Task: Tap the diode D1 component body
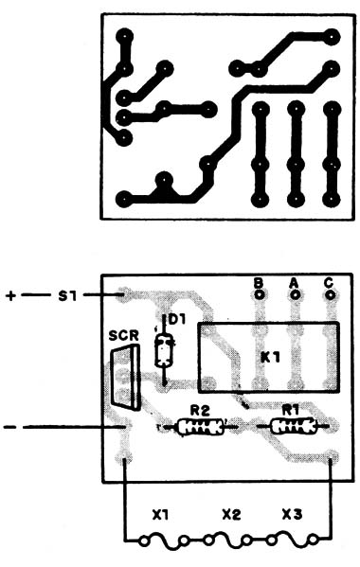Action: tap(165, 351)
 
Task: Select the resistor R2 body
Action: tap(199, 427)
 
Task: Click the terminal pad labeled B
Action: tap(258, 295)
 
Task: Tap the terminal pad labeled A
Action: tap(295, 295)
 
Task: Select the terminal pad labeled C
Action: tap(330, 295)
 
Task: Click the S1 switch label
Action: tap(66, 295)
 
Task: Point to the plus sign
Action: tap(10, 295)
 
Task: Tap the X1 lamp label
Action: tap(160, 515)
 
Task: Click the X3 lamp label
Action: tap(293, 515)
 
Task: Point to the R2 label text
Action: tap(198, 411)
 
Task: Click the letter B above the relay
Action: tap(258, 281)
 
